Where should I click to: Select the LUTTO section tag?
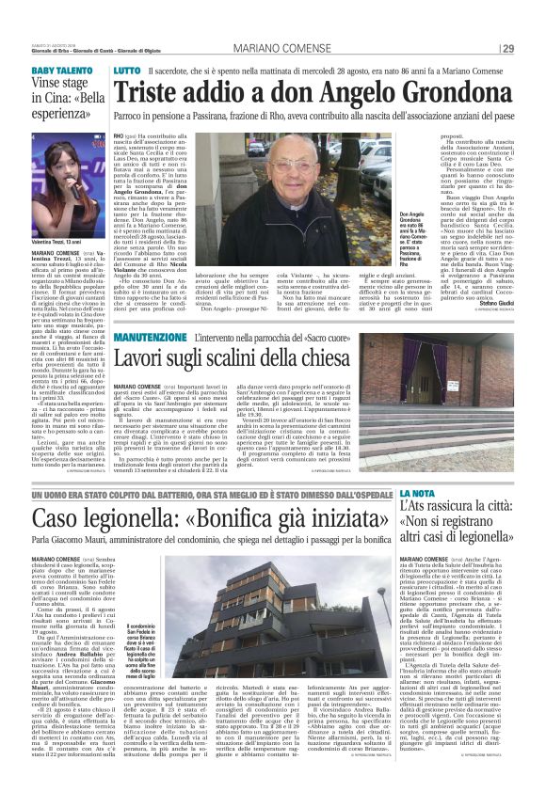click(127, 71)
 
